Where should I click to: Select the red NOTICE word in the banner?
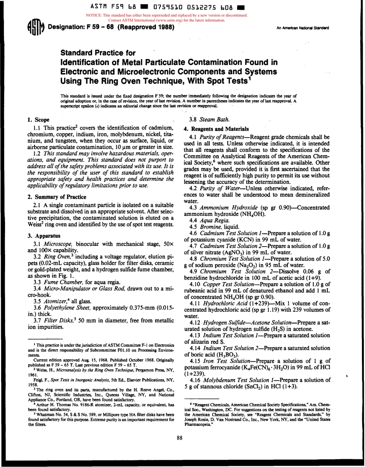96,15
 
